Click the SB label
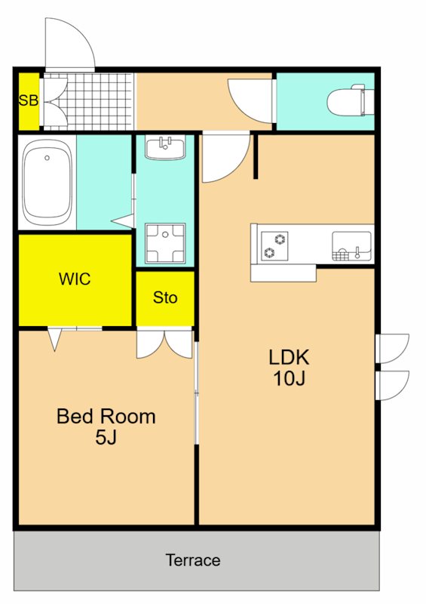[x=28, y=100]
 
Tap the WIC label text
[x=75, y=279]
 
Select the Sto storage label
[x=165, y=297]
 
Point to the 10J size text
[x=290, y=378]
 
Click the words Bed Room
[x=106, y=416]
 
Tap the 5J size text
[x=106, y=437]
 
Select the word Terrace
[x=193, y=560]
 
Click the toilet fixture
[x=350, y=100]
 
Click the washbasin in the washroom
[x=165, y=147]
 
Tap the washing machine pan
[x=165, y=242]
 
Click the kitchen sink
[x=351, y=245]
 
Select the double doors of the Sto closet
[x=164, y=343]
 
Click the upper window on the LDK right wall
[x=391, y=349]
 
